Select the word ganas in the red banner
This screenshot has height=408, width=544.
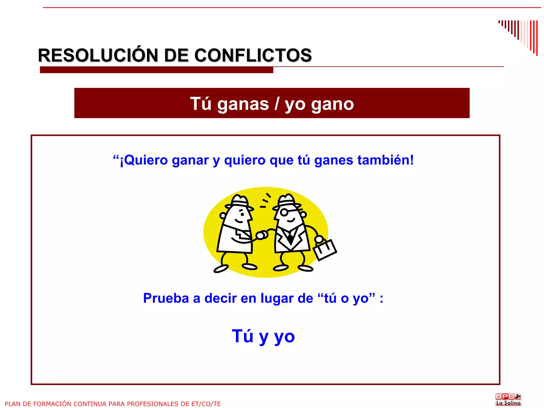243,104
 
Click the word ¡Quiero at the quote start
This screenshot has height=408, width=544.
143,160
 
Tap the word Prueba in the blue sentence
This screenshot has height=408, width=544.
166,298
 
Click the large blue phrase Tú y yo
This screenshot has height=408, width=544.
263,336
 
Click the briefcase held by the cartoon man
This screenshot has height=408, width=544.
325,250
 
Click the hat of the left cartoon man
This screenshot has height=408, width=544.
239,202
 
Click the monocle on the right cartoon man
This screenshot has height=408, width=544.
284,213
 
